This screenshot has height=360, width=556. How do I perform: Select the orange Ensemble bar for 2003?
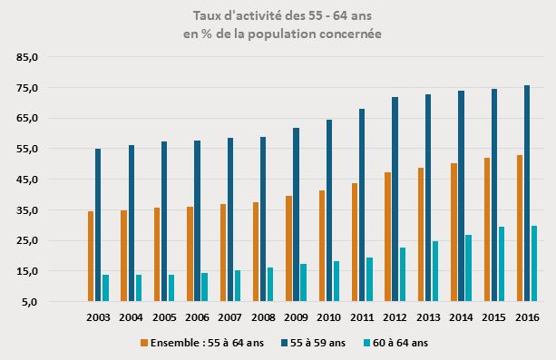click(91, 257)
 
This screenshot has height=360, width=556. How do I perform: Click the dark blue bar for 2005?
click(164, 221)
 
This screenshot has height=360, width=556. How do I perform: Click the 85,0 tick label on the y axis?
click(27, 57)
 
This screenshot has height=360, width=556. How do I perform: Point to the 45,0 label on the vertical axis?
click(27, 180)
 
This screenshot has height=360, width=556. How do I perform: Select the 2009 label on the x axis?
click(296, 316)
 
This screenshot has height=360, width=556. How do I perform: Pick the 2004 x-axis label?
click(132, 316)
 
